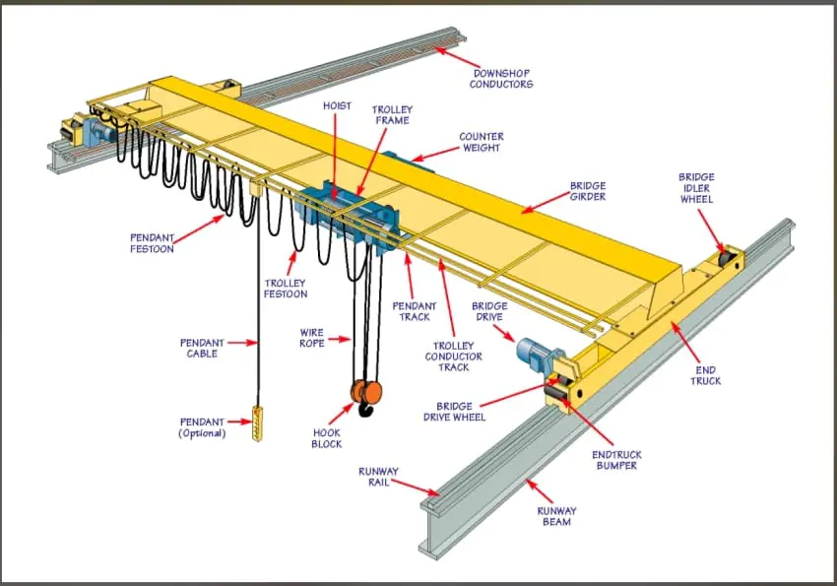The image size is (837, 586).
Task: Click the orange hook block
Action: tap(363, 392)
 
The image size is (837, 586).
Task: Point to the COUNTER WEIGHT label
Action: tap(481, 143)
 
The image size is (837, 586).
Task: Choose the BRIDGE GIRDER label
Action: tap(588, 192)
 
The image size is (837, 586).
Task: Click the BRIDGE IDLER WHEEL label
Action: tap(696, 188)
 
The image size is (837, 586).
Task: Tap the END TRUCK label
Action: tap(705, 375)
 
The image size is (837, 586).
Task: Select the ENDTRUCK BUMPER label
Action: tap(616, 460)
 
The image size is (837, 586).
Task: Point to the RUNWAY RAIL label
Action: tap(378, 477)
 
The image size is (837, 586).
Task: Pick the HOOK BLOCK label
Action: tap(327, 438)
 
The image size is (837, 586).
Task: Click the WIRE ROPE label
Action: tap(312, 339)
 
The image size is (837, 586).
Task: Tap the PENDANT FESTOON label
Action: tap(152, 243)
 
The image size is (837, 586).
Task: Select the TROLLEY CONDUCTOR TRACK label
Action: tap(454, 356)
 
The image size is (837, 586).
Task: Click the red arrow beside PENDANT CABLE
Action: tap(240, 343)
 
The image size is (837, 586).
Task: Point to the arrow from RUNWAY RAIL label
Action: tap(418, 487)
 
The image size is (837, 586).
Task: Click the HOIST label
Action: tap(337, 105)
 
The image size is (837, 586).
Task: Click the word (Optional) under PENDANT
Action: tap(202, 433)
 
